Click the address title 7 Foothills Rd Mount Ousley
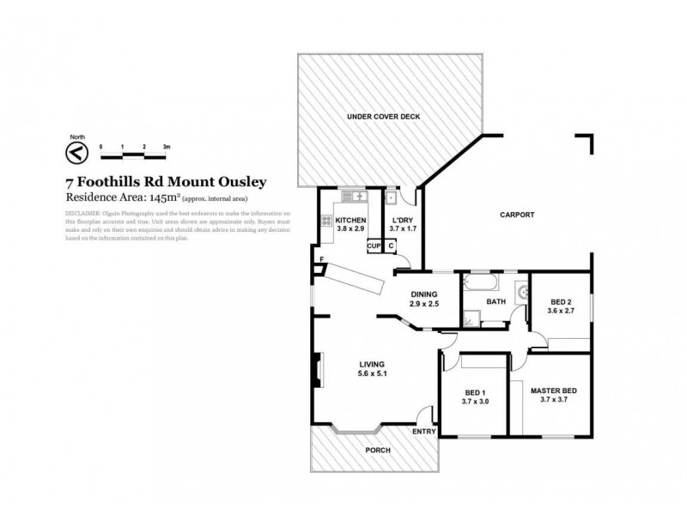click(166, 182)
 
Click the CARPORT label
click(517, 215)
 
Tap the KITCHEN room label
click(351, 221)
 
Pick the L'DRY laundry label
click(401, 221)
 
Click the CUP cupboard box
click(374, 246)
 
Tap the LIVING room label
click(373, 363)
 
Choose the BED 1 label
click(474, 392)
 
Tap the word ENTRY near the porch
click(424, 431)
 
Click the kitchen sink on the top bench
click(354, 197)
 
